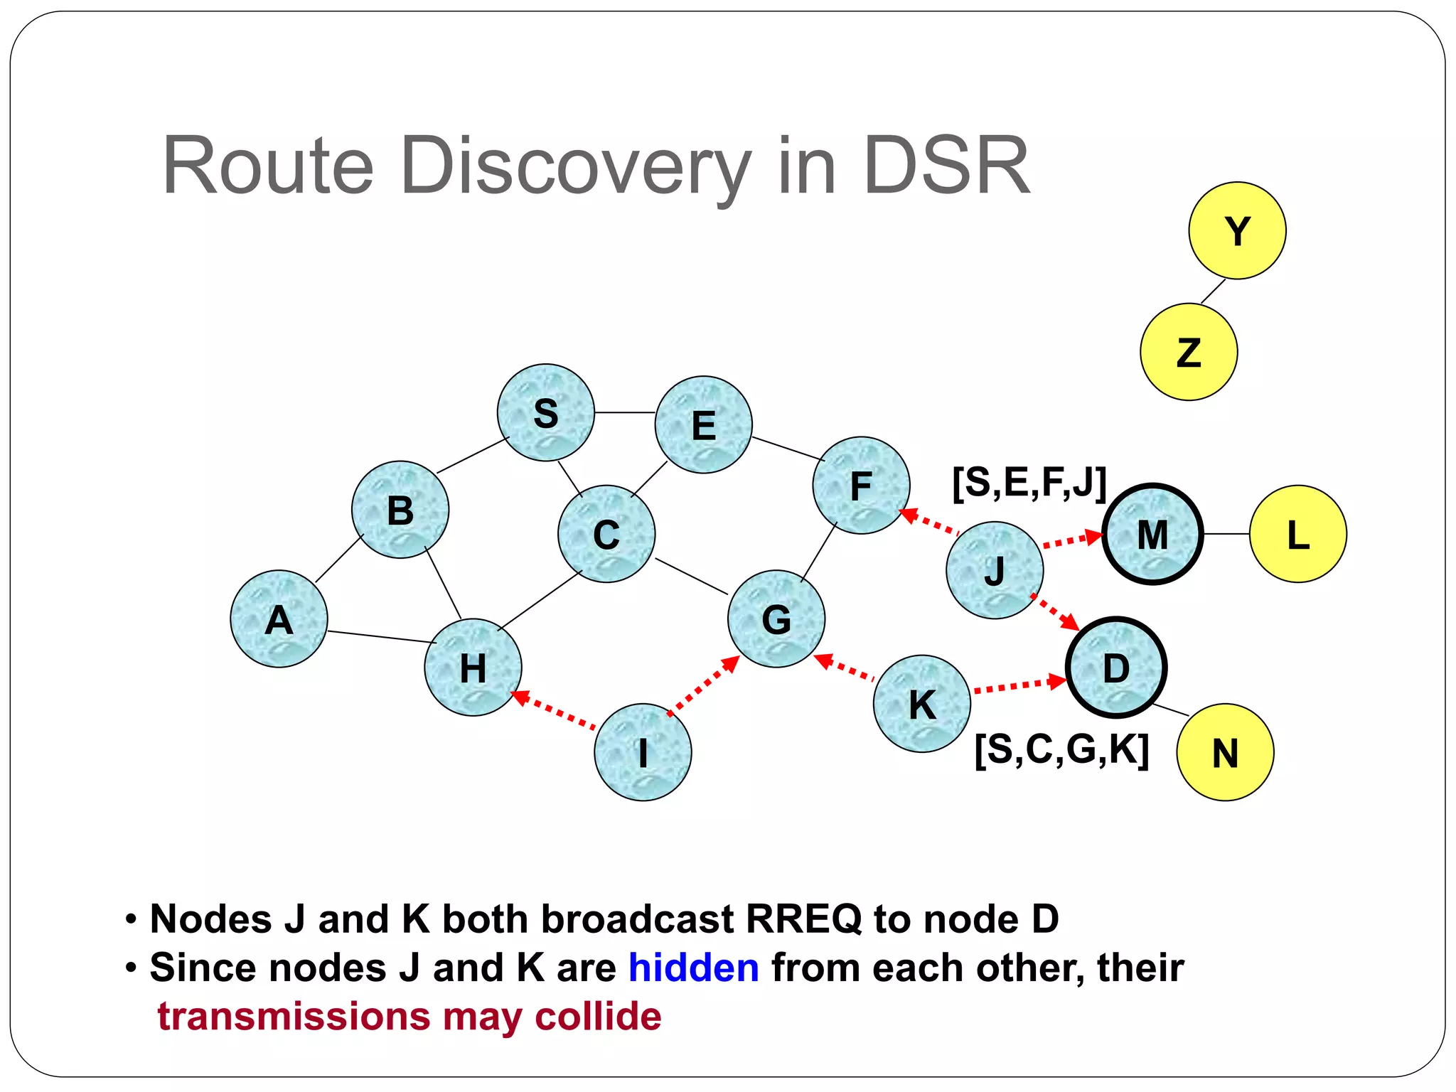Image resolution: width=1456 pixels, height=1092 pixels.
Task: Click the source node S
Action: (x=545, y=412)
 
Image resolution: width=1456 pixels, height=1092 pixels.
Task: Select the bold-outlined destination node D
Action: (x=1115, y=667)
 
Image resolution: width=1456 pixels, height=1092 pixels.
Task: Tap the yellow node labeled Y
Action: (x=1237, y=230)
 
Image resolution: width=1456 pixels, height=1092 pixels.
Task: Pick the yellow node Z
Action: (x=1189, y=352)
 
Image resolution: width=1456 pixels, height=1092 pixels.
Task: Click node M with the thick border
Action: (x=1152, y=534)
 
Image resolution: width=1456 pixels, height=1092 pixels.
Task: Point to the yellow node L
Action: (x=1297, y=534)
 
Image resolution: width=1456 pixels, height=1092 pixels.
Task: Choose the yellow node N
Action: (x=1225, y=752)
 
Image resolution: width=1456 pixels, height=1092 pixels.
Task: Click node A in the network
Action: (x=279, y=619)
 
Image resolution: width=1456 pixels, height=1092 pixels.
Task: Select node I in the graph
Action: (x=643, y=752)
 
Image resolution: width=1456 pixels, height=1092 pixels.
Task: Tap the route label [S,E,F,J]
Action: (x=1029, y=483)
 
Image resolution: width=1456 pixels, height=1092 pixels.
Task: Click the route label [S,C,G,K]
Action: (x=1061, y=749)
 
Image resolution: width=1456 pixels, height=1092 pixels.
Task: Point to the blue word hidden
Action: (x=693, y=968)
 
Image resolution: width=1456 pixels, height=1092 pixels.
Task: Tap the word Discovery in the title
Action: (x=576, y=167)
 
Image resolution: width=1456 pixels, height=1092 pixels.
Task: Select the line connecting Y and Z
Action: (x=1213, y=291)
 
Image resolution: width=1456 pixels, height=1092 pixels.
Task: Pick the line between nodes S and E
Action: (x=625, y=412)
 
